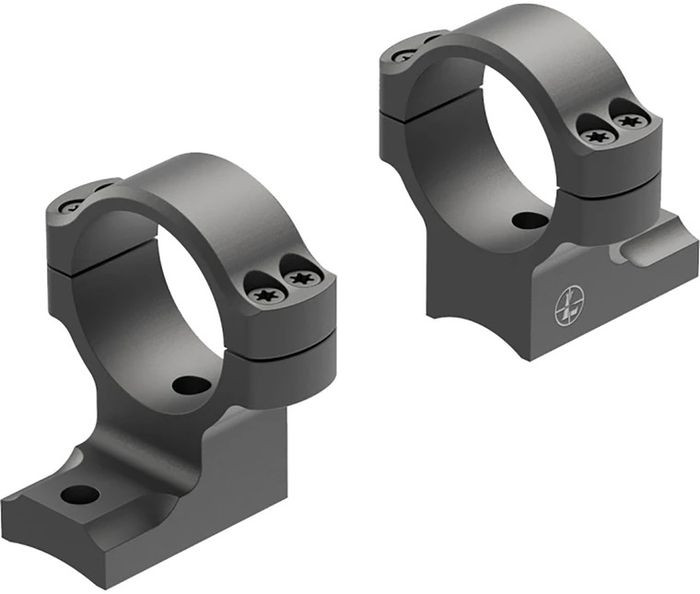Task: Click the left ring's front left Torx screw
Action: pos(267,295)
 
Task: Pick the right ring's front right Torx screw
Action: pos(629,120)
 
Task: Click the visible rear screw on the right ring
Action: pos(403,56)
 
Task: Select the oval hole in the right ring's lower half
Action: pos(529,221)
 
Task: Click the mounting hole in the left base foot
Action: pos(79,494)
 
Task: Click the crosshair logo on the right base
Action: pos(569,306)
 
